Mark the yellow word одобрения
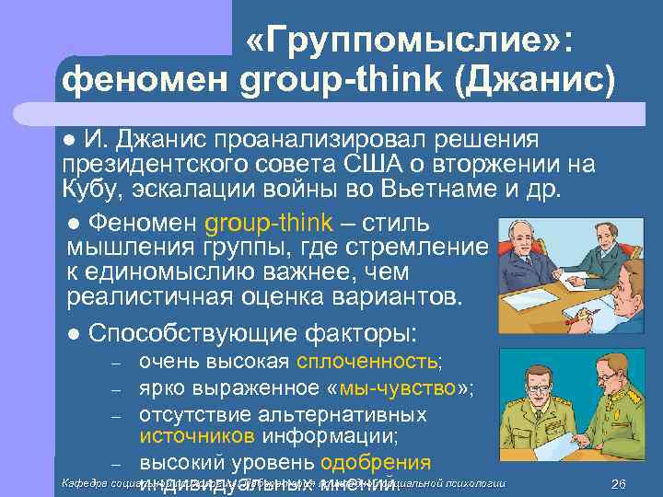coord(375,463)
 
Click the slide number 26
coord(618,485)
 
